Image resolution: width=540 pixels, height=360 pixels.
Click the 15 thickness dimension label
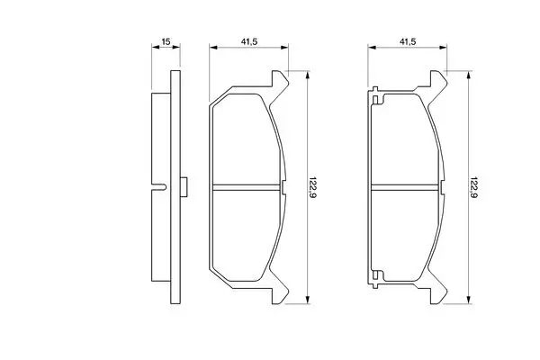[x=166, y=41]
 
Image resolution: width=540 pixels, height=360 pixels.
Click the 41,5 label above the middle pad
[x=249, y=41]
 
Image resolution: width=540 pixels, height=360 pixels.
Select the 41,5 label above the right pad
[x=408, y=41]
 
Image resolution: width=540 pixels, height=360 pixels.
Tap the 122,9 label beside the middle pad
[x=312, y=187]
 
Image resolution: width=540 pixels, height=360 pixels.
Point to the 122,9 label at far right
[x=473, y=187]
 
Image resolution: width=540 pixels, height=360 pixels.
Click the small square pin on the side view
[x=184, y=187]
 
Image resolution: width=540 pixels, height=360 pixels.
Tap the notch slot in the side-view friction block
[x=159, y=187]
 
